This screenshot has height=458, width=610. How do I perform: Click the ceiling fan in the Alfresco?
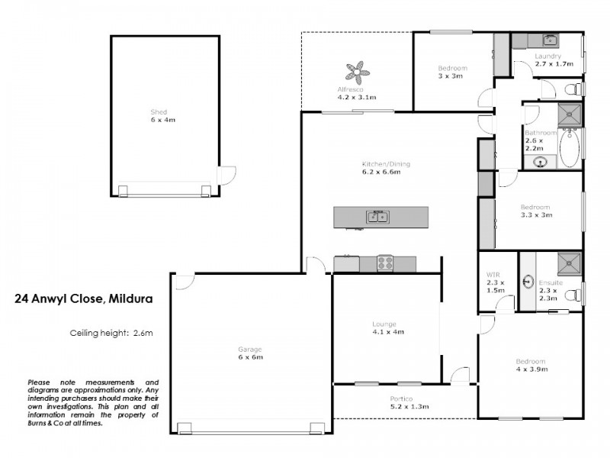356,73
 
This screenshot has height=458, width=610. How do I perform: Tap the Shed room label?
158,116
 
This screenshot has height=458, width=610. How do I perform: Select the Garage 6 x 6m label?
249,353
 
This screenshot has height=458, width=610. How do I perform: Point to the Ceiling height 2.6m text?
111,333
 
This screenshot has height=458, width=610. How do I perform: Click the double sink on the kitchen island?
376,217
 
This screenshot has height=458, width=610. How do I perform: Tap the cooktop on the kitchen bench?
385,264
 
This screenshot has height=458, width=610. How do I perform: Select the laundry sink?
549,40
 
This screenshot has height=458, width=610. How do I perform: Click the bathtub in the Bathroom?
570,148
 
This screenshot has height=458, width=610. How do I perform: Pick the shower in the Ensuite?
568,263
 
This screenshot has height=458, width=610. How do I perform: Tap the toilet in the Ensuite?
576,295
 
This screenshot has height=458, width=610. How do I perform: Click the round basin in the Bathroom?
541,161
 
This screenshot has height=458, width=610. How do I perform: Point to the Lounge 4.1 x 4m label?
387,328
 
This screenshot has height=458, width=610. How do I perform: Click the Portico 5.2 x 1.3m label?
404,403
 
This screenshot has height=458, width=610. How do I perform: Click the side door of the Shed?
226,176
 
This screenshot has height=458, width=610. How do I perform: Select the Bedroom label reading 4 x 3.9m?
530,365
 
